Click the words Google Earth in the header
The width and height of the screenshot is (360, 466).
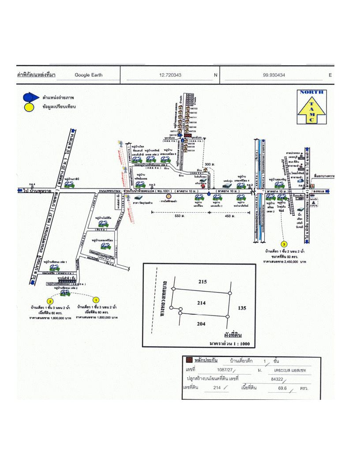[x=88, y=75]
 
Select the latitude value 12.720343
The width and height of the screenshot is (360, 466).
[x=172, y=75]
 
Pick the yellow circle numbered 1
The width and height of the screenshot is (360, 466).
[x=94, y=300]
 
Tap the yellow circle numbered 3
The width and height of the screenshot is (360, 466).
[x=284, y=244]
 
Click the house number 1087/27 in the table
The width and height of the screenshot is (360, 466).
[x=227, y=370]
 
